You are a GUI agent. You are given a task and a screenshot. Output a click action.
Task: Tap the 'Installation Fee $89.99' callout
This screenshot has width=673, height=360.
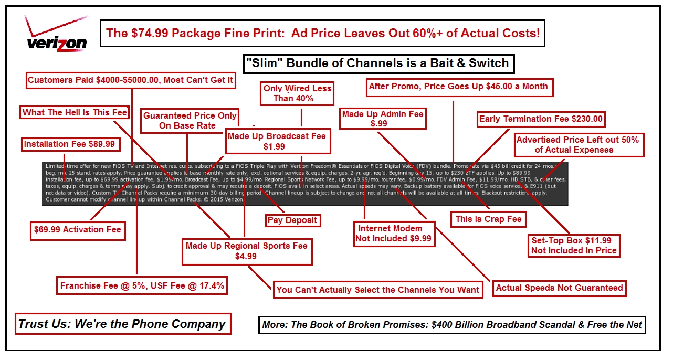click(x=69, y=144)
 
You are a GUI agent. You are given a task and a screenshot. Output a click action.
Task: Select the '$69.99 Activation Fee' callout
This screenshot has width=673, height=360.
click(x=77, y=230)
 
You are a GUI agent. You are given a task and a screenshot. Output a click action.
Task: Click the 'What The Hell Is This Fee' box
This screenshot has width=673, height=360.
click(x=75, y=112)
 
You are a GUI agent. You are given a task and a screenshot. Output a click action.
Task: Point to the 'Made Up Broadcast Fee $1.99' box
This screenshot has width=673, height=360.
click(x=277, y=141)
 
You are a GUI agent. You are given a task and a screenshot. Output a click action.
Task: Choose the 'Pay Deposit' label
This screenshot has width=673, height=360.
click(x=292, y=220)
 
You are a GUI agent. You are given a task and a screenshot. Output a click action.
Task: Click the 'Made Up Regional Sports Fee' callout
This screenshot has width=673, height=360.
click(x=246, y=251)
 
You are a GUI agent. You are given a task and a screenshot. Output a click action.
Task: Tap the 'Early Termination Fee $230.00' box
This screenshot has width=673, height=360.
click(x=541, y=119)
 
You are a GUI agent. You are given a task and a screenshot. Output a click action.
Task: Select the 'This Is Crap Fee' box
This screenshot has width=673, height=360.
click(x=488, y=219)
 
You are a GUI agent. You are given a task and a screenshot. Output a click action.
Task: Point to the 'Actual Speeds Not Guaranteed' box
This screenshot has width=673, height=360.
click(x=559, y=288)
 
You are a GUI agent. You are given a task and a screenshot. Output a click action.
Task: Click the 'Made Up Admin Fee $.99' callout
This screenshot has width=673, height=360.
click(x=382, y=119)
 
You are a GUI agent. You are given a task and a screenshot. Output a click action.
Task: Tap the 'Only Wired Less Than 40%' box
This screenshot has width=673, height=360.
click(x=297, y=93)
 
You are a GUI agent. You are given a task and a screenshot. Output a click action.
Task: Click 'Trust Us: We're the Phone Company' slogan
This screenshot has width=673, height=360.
click(x=122, y=324)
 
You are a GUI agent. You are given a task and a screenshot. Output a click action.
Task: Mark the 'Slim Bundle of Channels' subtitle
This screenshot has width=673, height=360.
click(x=377, y=63)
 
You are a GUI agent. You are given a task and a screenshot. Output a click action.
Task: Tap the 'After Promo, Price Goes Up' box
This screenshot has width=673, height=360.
click(x=458, y=87)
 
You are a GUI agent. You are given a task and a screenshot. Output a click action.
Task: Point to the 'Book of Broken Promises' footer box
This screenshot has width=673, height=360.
click(x=452, y=325)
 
